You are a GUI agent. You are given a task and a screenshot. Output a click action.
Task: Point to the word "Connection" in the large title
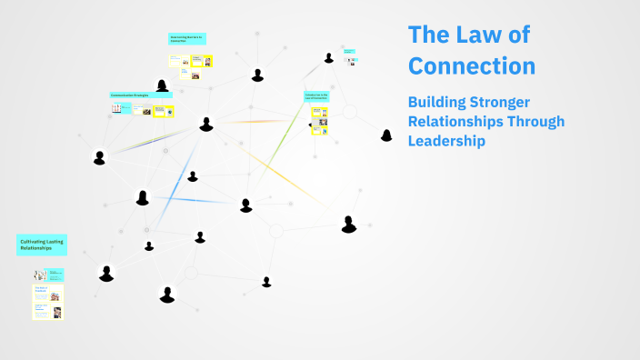(472, 66)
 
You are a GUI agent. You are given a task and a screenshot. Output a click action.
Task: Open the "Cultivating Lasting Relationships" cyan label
(41, 244)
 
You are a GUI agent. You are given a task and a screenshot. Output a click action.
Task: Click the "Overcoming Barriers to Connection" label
(187, 39)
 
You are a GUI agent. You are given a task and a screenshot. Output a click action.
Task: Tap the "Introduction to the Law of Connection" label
(316, 95)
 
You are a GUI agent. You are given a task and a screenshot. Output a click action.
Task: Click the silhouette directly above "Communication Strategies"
(162, 85)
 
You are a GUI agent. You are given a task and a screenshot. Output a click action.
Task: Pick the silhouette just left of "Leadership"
(386, 135)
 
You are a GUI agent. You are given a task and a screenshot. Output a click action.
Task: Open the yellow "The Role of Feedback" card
(47, 294)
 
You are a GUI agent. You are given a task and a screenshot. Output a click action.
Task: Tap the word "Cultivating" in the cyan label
(32, 240)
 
